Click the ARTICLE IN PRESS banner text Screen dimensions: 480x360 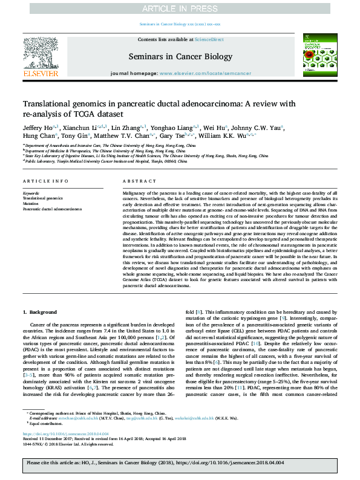pos(180,8)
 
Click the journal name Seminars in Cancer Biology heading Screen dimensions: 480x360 pos(180,57)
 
